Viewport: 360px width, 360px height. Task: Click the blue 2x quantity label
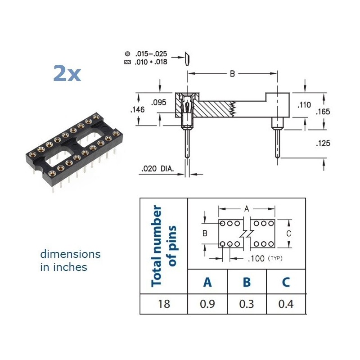tap(67, 73)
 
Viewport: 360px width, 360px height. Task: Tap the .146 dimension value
tap(138, 109)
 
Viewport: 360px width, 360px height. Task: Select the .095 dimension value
tap(158, 102)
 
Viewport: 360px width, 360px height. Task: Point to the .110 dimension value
tap(304, 105)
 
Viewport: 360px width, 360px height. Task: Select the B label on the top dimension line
tap(232, 74)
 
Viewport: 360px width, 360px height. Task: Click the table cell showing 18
tap(164, 304)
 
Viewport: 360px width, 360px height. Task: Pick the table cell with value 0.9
tap(207, 304)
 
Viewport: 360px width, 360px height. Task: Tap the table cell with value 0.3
tap(247, 304)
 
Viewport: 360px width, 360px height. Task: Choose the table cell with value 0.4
tap(286, 304)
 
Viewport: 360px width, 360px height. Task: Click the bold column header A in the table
tap(207, 282)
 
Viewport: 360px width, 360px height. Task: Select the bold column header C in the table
tap(286, 282)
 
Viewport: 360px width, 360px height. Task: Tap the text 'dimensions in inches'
tap(70, 261)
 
